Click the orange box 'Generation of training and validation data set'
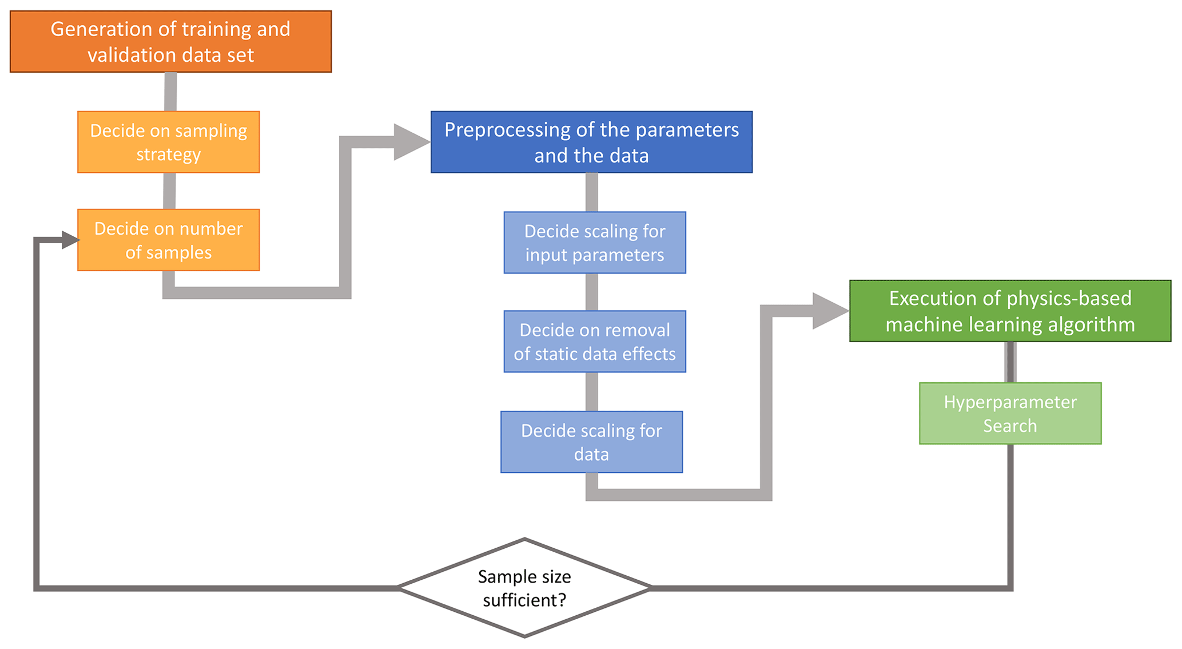coord(170,42)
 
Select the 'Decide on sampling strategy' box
coord(168,142)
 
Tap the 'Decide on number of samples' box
coord(168,240)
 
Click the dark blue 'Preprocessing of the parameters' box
coord(591,142)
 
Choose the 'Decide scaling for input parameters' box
coord(594,243)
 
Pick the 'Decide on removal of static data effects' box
coord(594,342)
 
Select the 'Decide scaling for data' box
coord(591,442)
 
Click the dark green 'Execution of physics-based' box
coord(1010,311)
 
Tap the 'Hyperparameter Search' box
coord(1010,413)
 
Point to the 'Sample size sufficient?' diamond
coord(524,588)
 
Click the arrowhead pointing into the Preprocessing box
coord(411,142)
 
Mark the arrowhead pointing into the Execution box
coord(830,311)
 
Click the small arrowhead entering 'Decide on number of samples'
coord(70,240)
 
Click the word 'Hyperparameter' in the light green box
coord(1010,402)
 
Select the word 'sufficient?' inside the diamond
coord(524,600)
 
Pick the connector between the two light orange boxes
coord(169,191)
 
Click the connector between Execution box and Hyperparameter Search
coord(1010,362)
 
